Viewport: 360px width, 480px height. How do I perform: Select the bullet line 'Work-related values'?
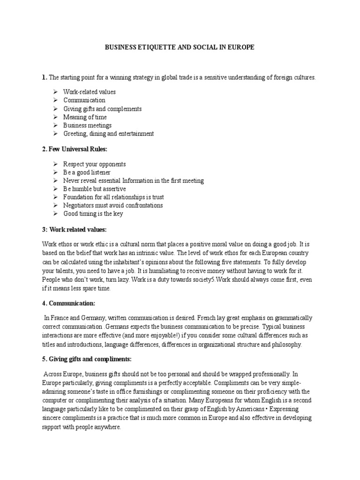click(x=90, y=92)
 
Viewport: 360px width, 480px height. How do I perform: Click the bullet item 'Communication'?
click(x=84, y=100)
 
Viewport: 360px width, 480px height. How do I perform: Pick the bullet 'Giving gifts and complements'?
click(x=102, y=109)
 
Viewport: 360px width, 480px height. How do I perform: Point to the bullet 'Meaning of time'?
click(x=85, y=117)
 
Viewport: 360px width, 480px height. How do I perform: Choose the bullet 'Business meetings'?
click(x=87, y=126)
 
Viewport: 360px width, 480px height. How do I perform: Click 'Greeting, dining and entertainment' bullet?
click(x=108, y=134)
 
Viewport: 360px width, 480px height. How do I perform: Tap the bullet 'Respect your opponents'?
click(x=94, y=165)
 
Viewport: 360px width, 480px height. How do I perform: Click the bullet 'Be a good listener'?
click(x=87, y=173)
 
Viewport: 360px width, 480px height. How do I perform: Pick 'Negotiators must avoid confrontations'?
click(x=113, y=205)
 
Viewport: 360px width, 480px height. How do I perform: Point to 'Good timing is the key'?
click(x=93, y=214)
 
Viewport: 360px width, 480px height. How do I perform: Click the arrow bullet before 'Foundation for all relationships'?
click(x=54, y=197)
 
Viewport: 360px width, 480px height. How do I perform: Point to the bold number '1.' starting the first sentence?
click(x=44, y=77)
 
